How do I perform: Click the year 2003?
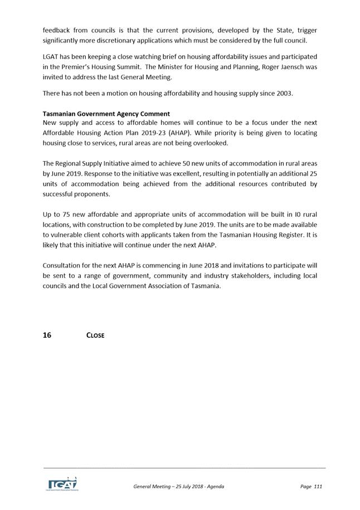pyautogui.click(x=284, y=94)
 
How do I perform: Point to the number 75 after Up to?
pyautogui.click(x=65, y=214)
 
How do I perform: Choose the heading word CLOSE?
pyautogui.click(x=95, y=336)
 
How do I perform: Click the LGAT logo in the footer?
pyautogui.click(x=62, y=483)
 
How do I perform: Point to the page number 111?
pyautogui.click(x=318, y=487)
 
